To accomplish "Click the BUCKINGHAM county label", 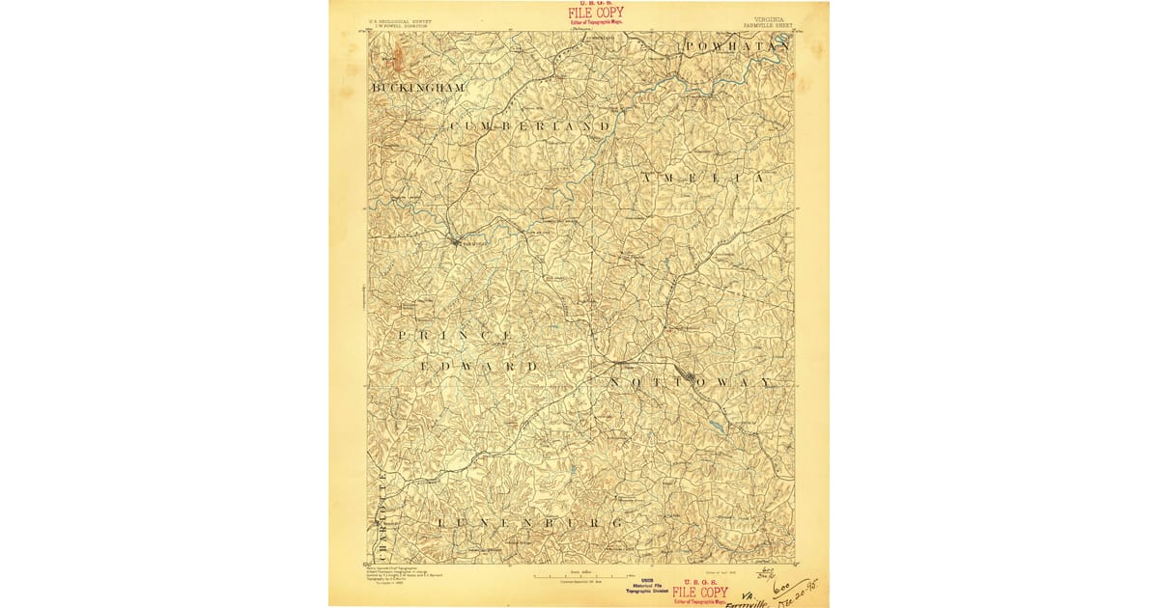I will coord(417,88).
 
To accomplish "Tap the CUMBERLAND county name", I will coord(530,126).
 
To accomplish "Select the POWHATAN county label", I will coord(737,46).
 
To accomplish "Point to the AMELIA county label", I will coord(709,179).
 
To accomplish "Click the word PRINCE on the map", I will coord(455,335).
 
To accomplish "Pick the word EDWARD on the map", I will coord(479,368).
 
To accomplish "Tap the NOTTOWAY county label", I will coord(692,383).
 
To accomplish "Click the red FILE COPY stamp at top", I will coord(595,14).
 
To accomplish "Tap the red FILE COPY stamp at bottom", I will coord(700,592).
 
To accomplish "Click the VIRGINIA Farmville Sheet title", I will coord(764,21).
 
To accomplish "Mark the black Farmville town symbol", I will coord(456,241).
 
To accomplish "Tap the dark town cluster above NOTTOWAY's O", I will coord(689,374).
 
